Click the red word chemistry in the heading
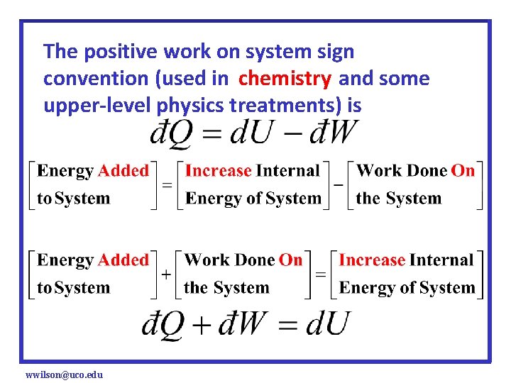(285, 79)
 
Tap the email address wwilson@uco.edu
(64, 374)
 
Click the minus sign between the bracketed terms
(339, 184)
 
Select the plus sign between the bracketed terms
(165, 274)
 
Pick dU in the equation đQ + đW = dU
(327, 323)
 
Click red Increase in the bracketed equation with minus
(219, 171)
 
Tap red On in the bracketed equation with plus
(290, 260)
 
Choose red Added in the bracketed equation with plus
(123, 260)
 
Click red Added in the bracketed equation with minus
(123, 171)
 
